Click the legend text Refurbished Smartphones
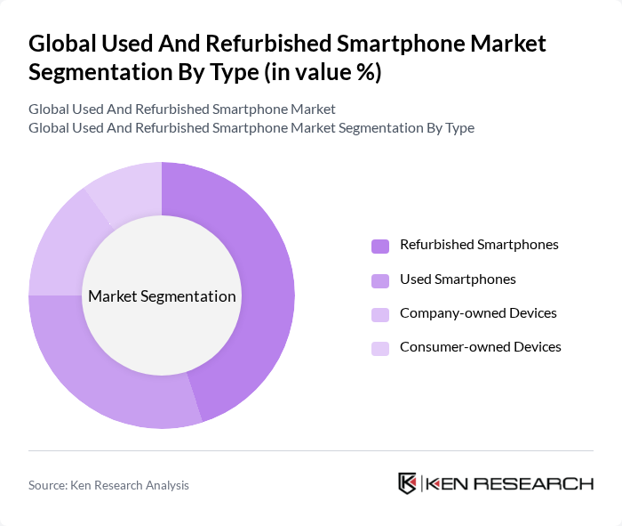(x=479, y=245)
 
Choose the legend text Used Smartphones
(x=458, y=279)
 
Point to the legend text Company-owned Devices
(x=478, y=313)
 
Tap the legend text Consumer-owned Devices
(x=480, y=347)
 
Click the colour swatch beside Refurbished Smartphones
(x=380, y=246)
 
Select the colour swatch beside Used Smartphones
(x=380, y=280)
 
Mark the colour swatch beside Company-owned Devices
(x=380, y=314)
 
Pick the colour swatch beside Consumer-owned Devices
(x=380, y=348)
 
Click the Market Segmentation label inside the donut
(x=162, y=296)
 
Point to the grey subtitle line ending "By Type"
(x=251, y=128)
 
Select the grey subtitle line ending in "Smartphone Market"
(x=181, y=109)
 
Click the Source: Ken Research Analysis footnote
(x=108, y=485)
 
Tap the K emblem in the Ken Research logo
(x=407, y=483)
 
